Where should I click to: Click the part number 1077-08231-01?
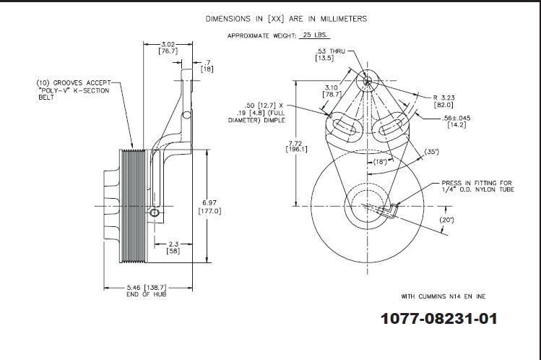click(x=439, y=319)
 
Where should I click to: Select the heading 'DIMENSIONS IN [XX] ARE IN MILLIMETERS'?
click(x=286, y=19)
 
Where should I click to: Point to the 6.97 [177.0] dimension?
click(x=209, y=205)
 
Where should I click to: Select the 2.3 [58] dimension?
click(x=173, y=247)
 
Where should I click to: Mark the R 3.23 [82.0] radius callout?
click(x=443, y=100)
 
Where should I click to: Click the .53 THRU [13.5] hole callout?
click(x=329, y=54)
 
